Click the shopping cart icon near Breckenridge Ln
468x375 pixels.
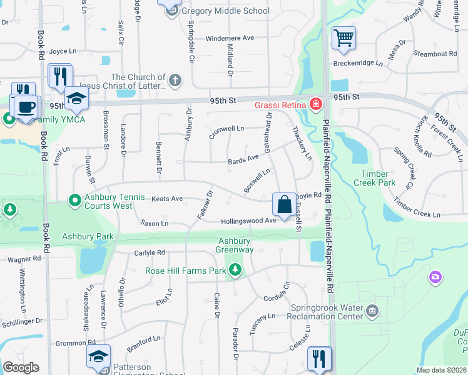click(x=343, y=38)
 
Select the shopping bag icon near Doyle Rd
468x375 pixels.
click(x=284, y=204)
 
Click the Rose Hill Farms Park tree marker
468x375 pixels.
click(x=235, y=270)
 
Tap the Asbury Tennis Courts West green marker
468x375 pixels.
click(x=74, y=201)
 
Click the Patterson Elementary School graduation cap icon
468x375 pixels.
click(x=98, y=356)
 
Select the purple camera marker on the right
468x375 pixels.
click(x=435, y=276)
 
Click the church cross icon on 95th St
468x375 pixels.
click(x=175, y=80)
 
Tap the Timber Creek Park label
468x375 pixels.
click(x=378, y=178)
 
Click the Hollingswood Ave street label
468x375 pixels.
click(x=248, y=221)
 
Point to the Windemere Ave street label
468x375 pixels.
click(x=230, y=38)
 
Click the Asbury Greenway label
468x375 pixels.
click(x=235, y=245)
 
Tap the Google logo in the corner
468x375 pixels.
click(x=21, y=367)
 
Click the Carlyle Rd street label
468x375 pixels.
click(x=150, y=253)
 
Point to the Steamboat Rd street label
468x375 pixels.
click(x=436, y=54)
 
